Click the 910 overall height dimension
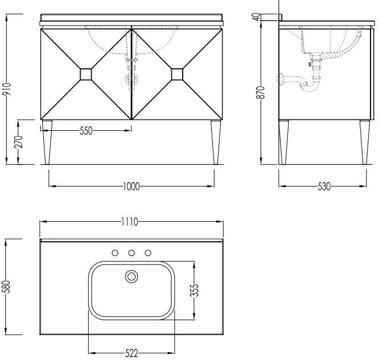click(7, 89)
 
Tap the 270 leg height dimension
click(19, 142)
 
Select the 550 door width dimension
click(86, 131)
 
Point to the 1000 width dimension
click(131, 187)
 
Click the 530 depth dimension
click(324, 187)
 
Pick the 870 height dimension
click(261, 92)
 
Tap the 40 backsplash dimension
click(257, 16)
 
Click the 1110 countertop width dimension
click(130, 222)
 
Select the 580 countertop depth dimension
click(7, 287)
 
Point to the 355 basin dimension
click(194, 290)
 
